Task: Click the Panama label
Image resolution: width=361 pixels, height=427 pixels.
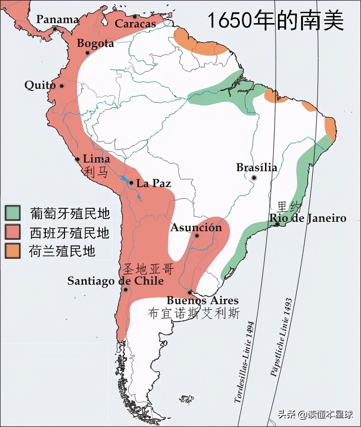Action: click(58, 19)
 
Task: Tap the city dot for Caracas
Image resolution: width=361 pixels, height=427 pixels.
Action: click(135, 16)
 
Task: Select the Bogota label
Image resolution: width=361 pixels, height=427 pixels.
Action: click(96, 43)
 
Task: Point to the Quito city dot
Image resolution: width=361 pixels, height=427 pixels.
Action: click(62, 86)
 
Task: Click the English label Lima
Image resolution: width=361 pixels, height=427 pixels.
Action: click(96, 159)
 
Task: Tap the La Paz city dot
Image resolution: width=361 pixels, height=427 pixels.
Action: click(131, 183)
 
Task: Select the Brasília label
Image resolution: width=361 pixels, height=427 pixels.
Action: click(257, 167)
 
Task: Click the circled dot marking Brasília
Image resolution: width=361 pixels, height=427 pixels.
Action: click(254, 177)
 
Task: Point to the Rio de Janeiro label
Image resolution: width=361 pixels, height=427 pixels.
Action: click(308, 218)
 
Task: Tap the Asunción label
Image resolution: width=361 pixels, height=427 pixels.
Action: click(196, 227)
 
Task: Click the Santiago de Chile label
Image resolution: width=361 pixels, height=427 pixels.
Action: click(116, 281)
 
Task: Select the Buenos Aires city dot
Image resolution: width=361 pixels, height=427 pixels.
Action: click(190, 292)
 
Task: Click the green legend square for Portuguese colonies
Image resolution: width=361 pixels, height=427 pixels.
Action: click(12, 213)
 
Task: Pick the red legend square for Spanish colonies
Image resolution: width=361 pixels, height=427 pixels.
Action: click(12, 232)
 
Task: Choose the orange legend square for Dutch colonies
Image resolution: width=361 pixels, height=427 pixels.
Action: click(12, 251)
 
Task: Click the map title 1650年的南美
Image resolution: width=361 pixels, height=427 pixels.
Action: click(275, 21)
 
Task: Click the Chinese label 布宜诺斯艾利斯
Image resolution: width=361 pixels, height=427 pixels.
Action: click(193, 313)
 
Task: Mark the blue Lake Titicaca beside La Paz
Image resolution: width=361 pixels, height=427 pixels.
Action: click(125, 179)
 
